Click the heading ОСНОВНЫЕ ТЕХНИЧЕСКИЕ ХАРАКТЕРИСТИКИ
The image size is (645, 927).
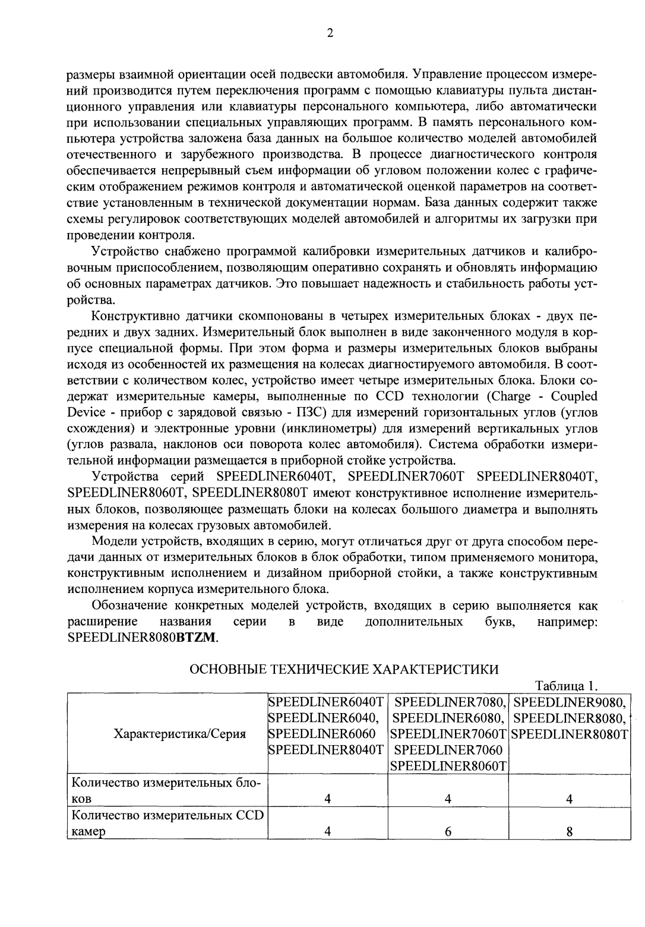pos(343,669)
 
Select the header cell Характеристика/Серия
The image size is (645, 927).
pos(179,733)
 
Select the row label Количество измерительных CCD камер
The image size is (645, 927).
pos(166,824)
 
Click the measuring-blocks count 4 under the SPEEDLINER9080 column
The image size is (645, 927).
pos(568,799)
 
